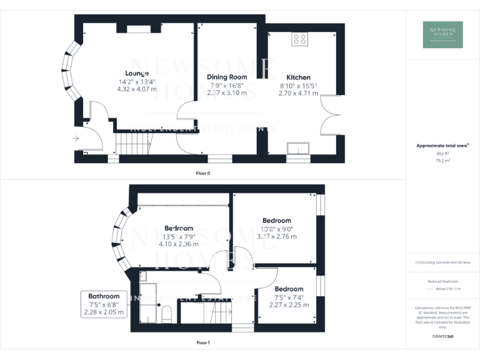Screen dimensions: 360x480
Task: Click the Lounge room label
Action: click(x=136, y=73)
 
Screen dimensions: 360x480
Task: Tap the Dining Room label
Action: click(x=227, y=77)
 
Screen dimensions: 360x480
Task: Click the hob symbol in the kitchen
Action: click(x=299, y=39)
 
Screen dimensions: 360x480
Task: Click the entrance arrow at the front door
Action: click(x=76, y=138)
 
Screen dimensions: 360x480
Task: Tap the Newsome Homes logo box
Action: click(x=442, y=34)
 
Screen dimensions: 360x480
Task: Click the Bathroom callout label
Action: click(x=104, y=296)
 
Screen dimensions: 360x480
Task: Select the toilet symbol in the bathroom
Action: click(x=166, y=314)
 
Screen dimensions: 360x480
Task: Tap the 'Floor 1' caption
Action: click(x=202, y=342)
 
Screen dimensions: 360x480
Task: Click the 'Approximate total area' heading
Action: click(x=442, y=146)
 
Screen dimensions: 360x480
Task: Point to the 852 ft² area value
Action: click(x=442, y=153)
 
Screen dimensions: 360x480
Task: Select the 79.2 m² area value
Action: click(x=442, y=160)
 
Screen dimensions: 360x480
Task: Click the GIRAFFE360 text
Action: click(x=442, y=337)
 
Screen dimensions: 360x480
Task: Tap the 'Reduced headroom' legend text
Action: click(x=442, y=281)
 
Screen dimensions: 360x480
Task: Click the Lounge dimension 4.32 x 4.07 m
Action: click(x=137, y=89)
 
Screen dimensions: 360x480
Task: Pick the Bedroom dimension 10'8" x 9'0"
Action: click(x=276, y=229)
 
